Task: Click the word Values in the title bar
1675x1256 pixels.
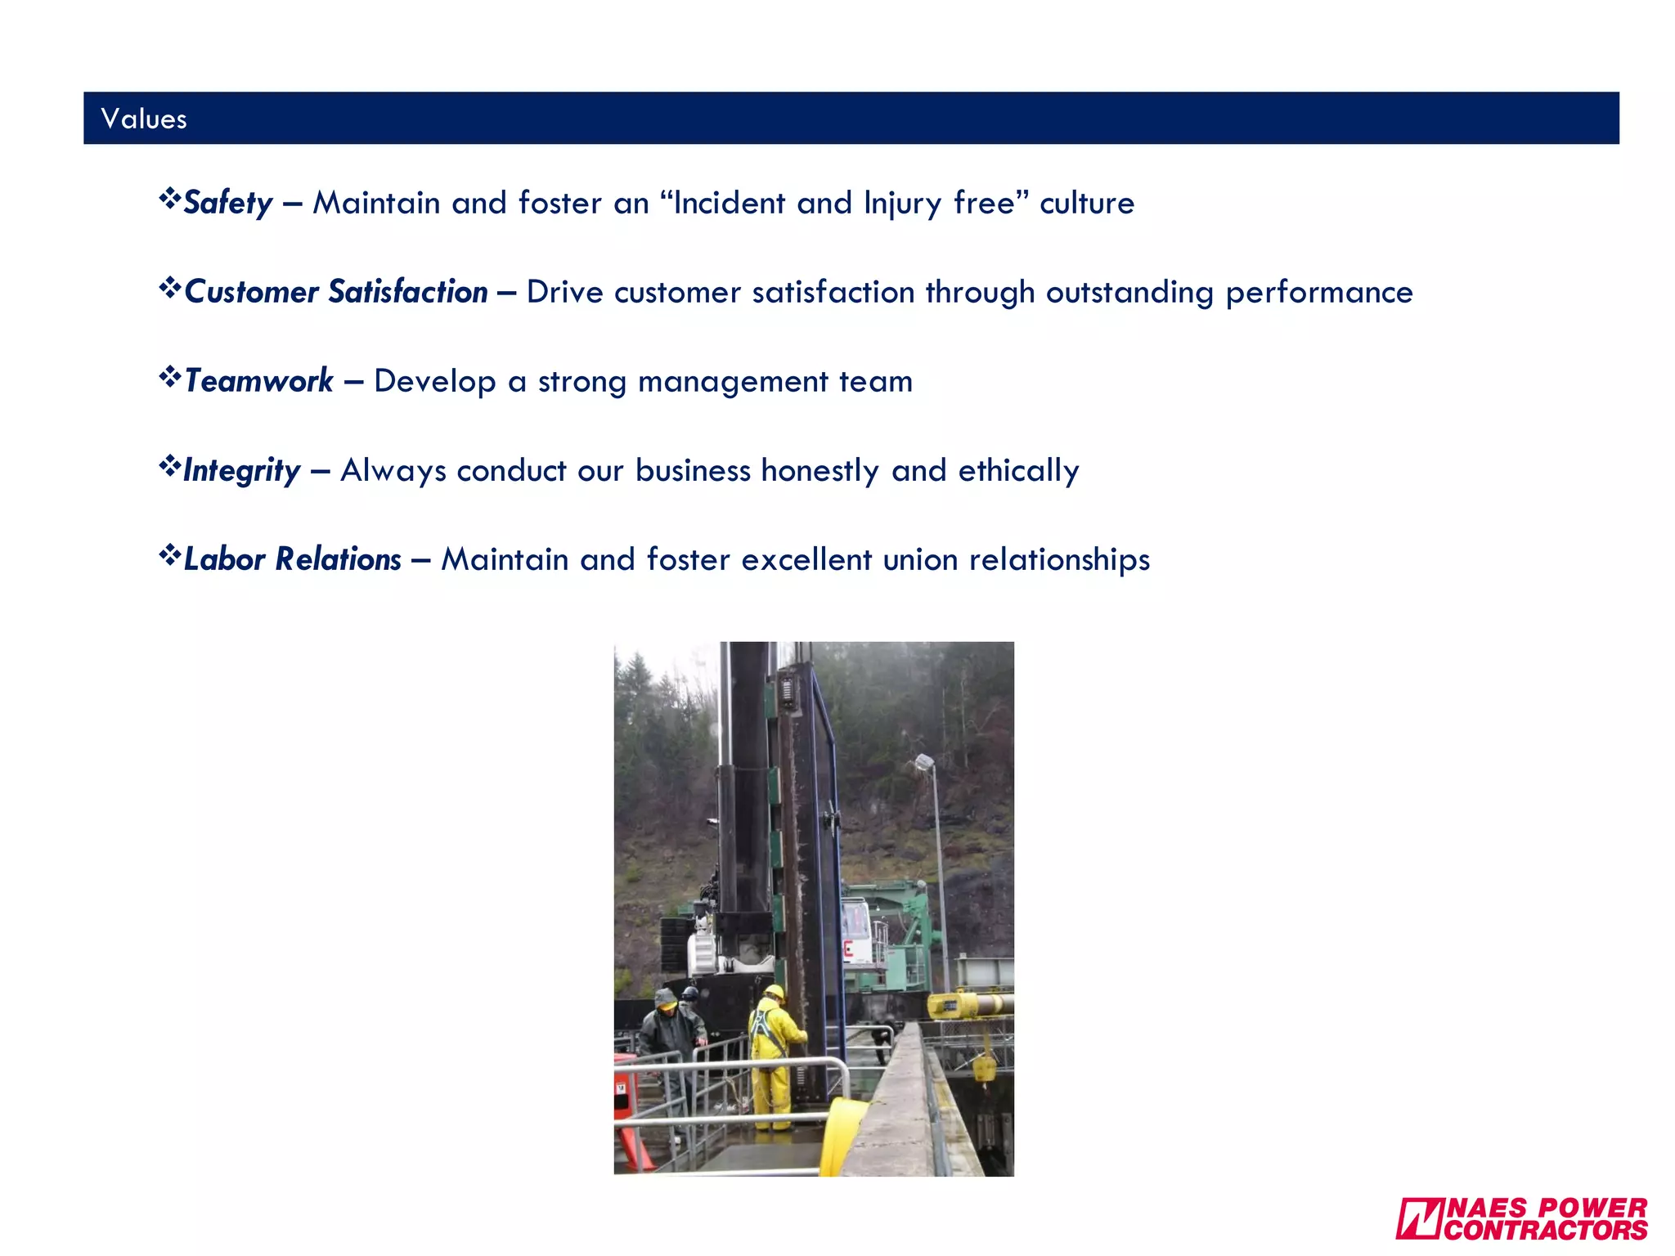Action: tap(144, 119)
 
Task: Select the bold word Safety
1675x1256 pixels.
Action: tap(227, 203)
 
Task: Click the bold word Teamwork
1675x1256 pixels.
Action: tap(258, 381)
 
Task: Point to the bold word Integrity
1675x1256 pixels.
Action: tap(241, 471)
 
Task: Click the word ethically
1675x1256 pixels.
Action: tap(1018, 471)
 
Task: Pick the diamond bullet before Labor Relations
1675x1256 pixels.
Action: tap(169, 556)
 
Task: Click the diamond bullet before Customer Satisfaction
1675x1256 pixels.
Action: tap(169, 289)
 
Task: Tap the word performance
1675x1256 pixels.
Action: tap(1318, 293)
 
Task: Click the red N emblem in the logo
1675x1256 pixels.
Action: tap(1418, 1218)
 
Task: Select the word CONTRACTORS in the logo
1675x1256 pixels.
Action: tap(1546, 1230)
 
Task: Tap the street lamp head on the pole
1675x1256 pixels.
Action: tap(924, 762)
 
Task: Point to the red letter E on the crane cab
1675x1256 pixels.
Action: tap(848, 949)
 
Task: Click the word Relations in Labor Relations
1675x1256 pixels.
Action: tap(338, 560)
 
